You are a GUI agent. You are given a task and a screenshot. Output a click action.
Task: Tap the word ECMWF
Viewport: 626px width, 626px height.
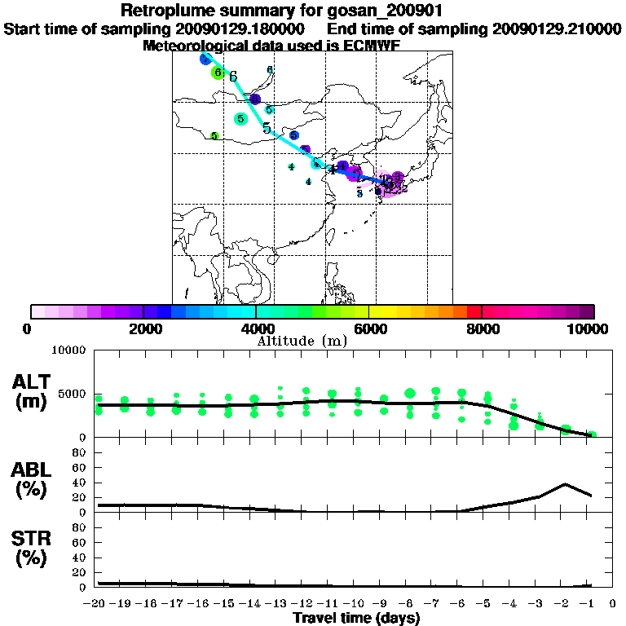click(x=372, y=46)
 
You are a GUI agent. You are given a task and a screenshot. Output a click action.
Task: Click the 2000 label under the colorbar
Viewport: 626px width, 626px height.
click(x=143, y=328)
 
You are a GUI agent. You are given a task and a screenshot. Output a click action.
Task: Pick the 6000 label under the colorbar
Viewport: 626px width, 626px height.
click(x=369, y=328)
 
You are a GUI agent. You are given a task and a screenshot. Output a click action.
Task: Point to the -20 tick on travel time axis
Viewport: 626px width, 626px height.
click(x=98, y=604)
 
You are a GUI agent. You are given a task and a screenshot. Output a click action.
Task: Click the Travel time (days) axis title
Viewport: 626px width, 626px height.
click(x=356, y=619)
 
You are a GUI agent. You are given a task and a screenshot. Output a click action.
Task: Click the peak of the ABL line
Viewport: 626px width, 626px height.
click(x=565, y=484)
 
